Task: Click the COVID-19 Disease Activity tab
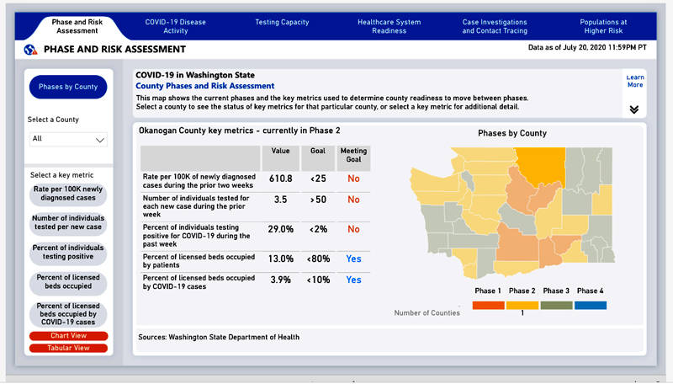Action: click(175, 26)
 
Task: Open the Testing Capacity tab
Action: click(281, 22)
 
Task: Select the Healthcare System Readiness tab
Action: click(388, 26)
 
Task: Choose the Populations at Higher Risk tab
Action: click(603, 26)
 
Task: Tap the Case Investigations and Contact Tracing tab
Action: click(495, 26)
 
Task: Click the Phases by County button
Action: click(68, 87)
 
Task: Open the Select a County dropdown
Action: click(68, 139)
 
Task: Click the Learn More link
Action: click(634, 81)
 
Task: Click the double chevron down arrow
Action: click(633, 109)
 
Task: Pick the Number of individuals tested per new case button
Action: click(68, 222)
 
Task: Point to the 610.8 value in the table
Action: click(280, 179)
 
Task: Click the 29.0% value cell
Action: click(280, 229)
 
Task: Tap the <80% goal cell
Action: click(317, 259)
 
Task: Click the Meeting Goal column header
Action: click(353, 157)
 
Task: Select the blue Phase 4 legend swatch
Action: click(590, 305)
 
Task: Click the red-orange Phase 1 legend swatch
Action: click(487, 305)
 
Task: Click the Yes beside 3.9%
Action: click(353, 280)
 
